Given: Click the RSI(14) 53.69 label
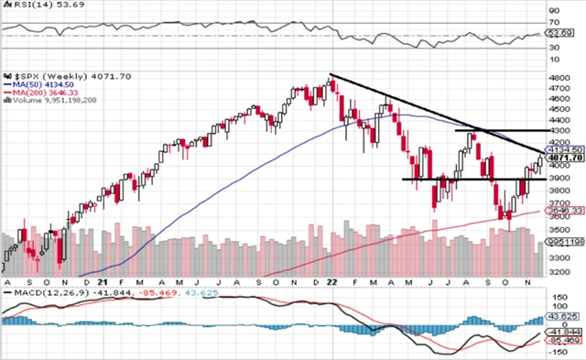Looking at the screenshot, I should tap(33, 5).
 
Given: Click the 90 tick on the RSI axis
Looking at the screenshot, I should tap(554, 10).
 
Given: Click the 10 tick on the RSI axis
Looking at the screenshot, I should tap(554, 60).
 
